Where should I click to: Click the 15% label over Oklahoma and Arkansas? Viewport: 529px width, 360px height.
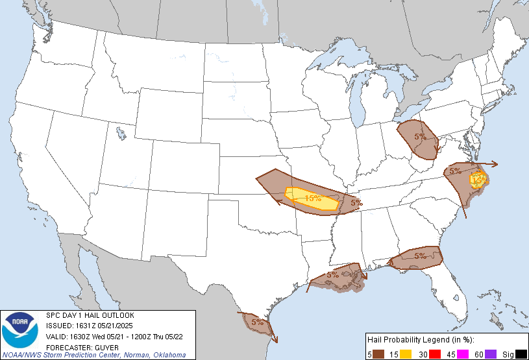coord(314,198)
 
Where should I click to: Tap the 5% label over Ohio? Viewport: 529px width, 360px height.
coord(420,137)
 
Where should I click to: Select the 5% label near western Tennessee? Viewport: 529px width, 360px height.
coord(356,202)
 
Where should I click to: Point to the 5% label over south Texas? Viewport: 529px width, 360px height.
coord(257,322)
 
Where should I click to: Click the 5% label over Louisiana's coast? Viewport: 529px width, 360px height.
coord(332,275)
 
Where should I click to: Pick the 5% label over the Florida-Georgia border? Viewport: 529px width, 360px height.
coord(419,256)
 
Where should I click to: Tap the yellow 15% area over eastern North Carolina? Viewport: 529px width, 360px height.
coord(478,178)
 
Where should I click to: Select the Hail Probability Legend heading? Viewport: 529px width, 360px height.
coord(419,340)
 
